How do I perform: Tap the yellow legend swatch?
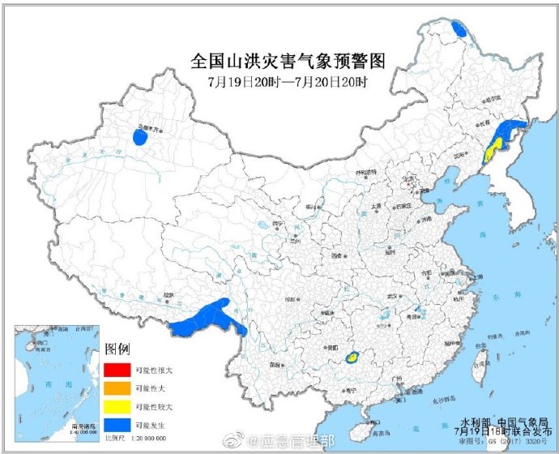(114, 405)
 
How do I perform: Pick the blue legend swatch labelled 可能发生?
(114, 423)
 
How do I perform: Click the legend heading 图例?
(117, 349)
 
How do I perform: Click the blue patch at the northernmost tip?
(459, 31)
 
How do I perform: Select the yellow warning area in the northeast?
(490, 150)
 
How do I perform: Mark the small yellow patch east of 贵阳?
(352, 357)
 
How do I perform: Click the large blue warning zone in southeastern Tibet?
(207, 318)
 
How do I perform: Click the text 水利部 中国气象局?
(497, 422)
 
